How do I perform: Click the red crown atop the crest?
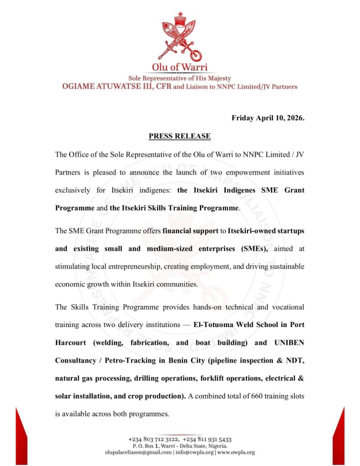click(x=179, y=20)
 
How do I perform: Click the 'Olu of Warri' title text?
click(x=180, y=67)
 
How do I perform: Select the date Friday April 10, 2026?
click(x=268, y=118)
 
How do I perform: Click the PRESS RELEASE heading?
click(x=180, y=136)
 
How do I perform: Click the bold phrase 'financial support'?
click(x=190, y=231)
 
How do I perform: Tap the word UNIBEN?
click(x=289, y=343)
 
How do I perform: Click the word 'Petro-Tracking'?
click(x=131, y=361)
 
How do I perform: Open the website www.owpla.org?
click(x=236, y=453)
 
